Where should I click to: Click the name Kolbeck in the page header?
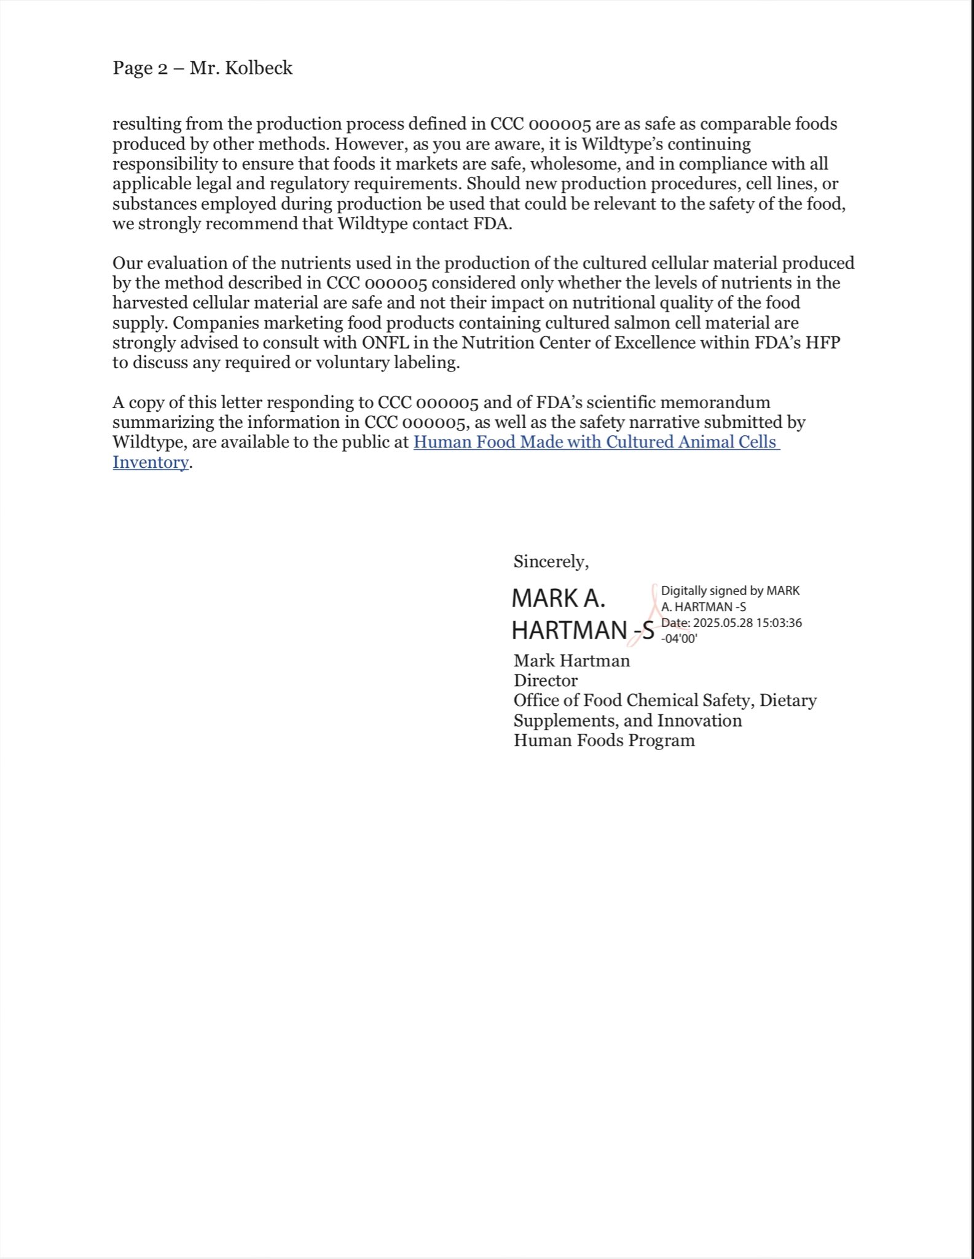point(259,68)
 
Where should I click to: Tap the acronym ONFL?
point(386,342)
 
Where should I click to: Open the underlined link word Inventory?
point(151,462)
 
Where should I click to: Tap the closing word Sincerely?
point(551,561)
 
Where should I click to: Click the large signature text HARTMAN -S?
point(583,630)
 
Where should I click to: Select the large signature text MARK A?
point(559,598)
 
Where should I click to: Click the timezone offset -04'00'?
point(679,638)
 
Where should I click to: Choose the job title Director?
point(546,681)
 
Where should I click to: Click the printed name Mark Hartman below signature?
point(571,661)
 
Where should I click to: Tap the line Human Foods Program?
point(604,740)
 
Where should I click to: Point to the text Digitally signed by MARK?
point(730,591)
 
